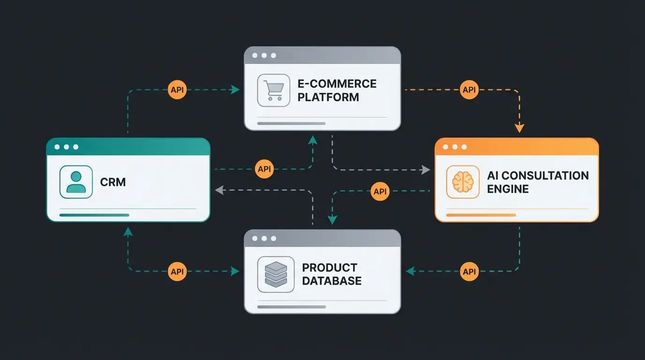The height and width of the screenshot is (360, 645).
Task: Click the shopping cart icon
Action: (273, 90)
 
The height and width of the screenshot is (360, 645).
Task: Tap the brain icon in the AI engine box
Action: (463, 181)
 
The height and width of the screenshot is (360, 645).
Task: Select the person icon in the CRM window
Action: (76, 182)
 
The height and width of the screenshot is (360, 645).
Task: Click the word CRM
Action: (113, 182)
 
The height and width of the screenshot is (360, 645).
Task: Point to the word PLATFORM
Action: (328, 97)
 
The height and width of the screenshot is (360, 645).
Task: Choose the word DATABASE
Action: (332, 281)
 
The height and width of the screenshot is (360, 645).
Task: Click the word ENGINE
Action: (508, 189)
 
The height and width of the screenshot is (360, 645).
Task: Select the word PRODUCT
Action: (330, 268)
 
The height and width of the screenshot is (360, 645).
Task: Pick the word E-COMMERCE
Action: (337, 84)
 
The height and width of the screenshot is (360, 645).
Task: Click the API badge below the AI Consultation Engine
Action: (469, 271)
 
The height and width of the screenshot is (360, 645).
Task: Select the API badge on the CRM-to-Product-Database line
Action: (177, 271)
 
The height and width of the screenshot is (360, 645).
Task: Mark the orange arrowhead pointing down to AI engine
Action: (519, 128)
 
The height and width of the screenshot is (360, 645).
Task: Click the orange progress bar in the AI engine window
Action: (481, 215)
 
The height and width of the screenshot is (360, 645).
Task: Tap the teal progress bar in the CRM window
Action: (94, 215)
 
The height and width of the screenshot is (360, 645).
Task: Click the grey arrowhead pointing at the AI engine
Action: (426, 170)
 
